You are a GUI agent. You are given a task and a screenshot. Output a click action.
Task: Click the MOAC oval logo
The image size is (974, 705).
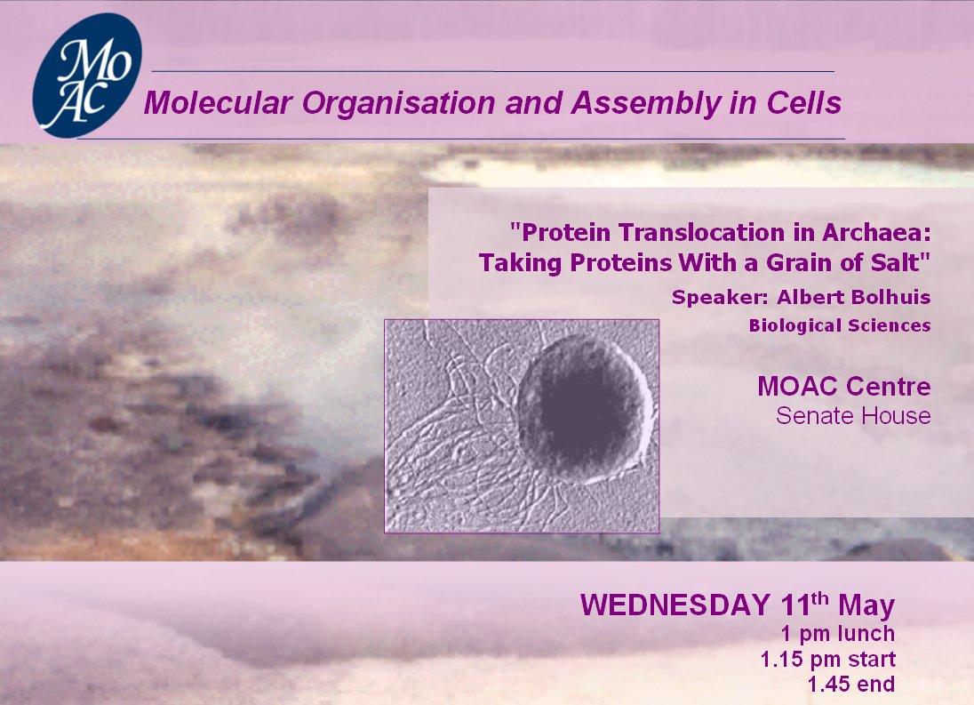(x=87, y=76)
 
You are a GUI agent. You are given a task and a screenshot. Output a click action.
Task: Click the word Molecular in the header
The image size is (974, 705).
(x=218, y=103)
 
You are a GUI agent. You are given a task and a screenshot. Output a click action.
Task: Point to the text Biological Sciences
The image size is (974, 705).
(x=840, y=325)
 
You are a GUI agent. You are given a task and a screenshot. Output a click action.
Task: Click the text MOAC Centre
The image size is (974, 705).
(x=844, y=387)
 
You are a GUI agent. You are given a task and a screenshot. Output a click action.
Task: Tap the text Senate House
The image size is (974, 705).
(x=853, y=415)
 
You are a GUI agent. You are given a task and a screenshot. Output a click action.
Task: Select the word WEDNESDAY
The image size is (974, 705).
(x=675, y=605)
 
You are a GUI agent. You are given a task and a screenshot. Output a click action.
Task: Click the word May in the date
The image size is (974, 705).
(x=866, y=606)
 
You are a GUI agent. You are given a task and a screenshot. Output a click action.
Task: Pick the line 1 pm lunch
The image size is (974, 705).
(x=838, y=634)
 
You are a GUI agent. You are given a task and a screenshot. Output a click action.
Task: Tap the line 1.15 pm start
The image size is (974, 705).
(x=828, y=659)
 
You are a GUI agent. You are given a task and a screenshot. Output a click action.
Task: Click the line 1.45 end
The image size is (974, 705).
(x=851, y=684)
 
